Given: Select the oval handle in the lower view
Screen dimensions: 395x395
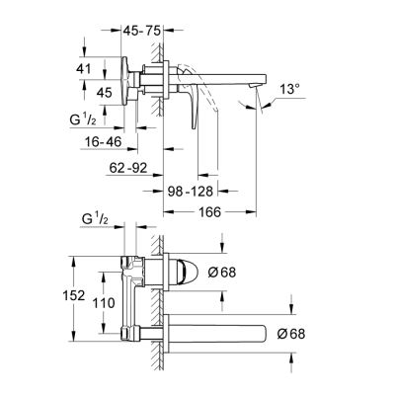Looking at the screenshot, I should (x=193, y=271).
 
